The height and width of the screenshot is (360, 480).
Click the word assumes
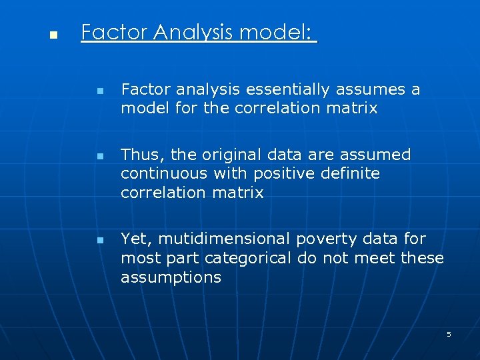372,89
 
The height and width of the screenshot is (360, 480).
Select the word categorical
248,258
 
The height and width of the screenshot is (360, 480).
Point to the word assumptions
171,277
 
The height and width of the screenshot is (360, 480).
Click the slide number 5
449,334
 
